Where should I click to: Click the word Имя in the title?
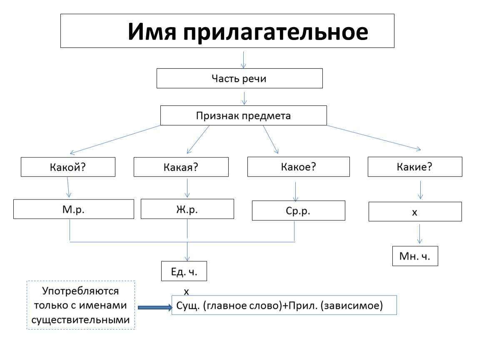(152, 32)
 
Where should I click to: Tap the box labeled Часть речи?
(239, 78)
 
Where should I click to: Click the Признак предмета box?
(244, 115)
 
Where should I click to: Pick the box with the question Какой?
(68, 167)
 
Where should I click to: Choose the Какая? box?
(181, 167)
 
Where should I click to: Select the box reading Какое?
(299, 167)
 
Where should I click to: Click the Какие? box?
(415, 167)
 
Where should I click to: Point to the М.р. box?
(74, 209)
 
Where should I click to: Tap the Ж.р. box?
(187, 209)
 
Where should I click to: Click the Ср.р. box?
(299, 210)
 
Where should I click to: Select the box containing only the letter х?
(415, 212)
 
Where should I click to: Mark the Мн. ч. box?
(415, 256)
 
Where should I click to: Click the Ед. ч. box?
(184, 271)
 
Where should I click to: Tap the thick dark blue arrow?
(155, 307)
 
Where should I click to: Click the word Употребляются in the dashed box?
(80, 291)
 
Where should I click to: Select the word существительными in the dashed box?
(81, 320)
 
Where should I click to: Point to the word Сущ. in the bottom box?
(188, 305)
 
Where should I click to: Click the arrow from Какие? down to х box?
(420, 190)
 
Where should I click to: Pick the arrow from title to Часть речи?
(244, 60)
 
